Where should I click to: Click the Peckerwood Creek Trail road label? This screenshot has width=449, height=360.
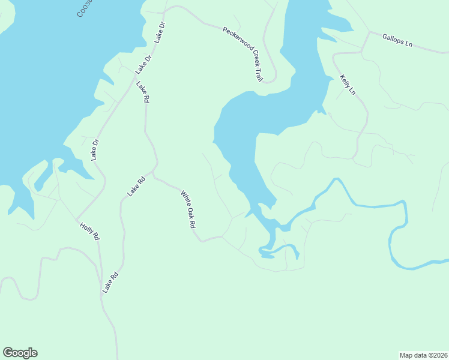tap(243, 54)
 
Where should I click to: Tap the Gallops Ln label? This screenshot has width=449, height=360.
tap(397, 40)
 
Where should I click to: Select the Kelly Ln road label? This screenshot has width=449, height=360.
tap(348, 85)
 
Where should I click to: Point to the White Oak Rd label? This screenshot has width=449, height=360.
tap(188, 209)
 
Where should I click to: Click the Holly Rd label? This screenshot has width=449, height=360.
tap(89, 231)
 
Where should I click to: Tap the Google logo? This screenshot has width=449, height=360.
tap(20, 353)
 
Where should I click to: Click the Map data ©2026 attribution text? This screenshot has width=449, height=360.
tap(423, 355)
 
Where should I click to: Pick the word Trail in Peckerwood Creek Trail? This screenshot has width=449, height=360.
tap(258, 74)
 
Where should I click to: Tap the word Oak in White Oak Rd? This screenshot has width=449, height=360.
tap(189, 210)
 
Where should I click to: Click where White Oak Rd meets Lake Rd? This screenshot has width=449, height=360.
tap(154, 174)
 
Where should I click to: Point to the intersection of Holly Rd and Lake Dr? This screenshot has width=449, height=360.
tap(76, 220)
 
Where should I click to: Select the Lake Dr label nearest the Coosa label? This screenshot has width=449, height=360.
tap(160, 32)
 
